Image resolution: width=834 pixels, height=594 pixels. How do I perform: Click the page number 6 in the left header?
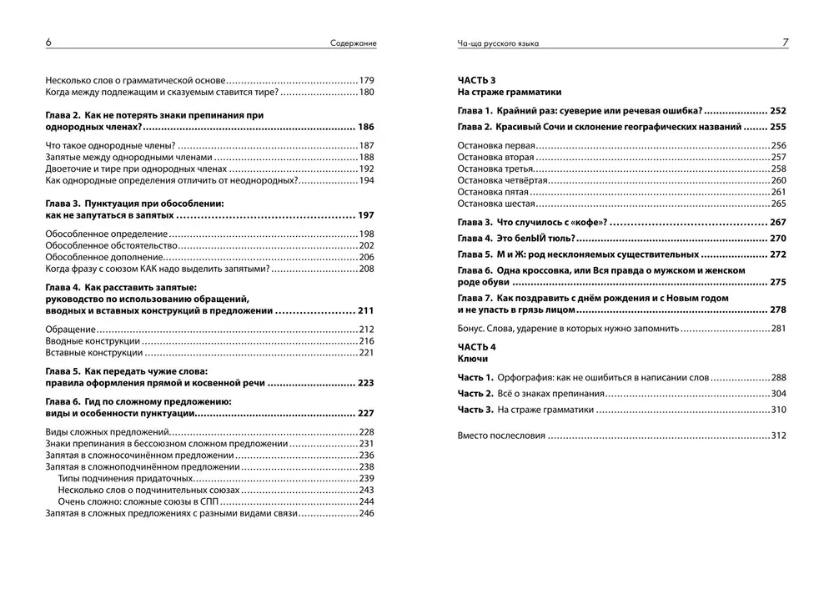[x=48, y=43]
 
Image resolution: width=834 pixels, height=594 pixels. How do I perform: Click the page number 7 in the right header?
[x=785, y=43]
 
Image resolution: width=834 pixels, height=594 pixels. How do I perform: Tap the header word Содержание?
[x=352, y=43]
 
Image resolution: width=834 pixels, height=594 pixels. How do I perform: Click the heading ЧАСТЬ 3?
[x=477, y=79]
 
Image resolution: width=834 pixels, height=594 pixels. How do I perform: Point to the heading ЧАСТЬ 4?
[x=477, y=346]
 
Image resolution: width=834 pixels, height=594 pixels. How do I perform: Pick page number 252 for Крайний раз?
[x=778, y=111]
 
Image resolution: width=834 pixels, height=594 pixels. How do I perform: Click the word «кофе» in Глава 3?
[x=588, y=223]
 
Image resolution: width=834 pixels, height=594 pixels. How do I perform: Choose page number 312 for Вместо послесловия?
[x=779, y=435]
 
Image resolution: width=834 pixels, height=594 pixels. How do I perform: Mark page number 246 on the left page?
[x=366, y=514]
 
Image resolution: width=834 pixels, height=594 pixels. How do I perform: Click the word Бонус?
[x=473, y=329]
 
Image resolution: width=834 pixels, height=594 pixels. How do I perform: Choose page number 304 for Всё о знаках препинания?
[x=779, y=393]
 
